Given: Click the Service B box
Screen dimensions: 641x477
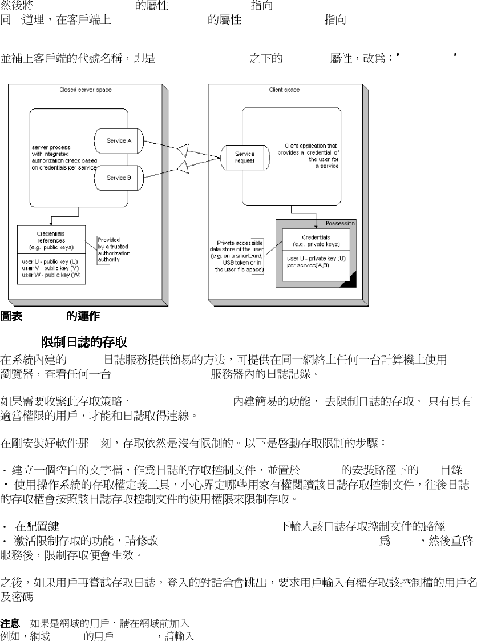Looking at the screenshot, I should [x=119, y=178].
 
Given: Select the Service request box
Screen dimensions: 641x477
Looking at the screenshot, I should [x=245, y=157].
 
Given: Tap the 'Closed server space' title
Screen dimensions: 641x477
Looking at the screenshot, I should [x=86, y=90].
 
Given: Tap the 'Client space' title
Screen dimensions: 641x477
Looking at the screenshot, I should [x=284, y=90].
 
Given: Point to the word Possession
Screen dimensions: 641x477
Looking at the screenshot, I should [x=340, y=223].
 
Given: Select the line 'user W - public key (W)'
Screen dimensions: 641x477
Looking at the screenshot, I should [x=51, y=275].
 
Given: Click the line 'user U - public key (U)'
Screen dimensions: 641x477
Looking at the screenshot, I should [x=51, y=262].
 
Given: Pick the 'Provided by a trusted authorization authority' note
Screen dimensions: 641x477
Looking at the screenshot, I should [x=114, y=249].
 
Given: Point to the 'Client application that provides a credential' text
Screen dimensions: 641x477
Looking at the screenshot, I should [x=308, y=155].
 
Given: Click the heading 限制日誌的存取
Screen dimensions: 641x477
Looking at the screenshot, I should [x=83, y=342].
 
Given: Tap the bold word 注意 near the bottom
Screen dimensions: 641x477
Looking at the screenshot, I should [x=11, y=621].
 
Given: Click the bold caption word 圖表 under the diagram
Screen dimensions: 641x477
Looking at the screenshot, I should [x=12, y=316].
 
